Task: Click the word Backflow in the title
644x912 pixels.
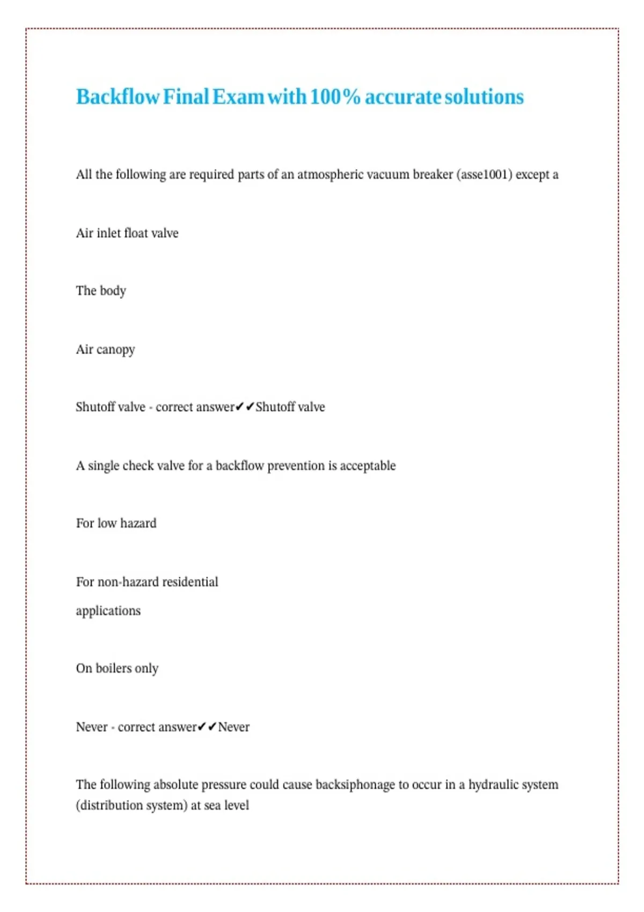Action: (118, 97)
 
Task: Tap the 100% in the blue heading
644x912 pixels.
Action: (335, 97)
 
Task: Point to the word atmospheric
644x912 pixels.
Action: (330, 175)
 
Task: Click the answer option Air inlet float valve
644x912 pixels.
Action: (127, 233)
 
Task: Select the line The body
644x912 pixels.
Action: (101, 291)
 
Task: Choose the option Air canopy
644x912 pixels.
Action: (105, 350)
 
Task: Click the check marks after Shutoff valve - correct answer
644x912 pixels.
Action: (245, 407)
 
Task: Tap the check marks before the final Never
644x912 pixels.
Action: (207, 727)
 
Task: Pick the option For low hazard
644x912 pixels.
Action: (116, 524)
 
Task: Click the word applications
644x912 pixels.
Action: (108, 611)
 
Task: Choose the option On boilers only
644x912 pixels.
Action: (117, 668)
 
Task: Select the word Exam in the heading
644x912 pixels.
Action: (238, 97)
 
